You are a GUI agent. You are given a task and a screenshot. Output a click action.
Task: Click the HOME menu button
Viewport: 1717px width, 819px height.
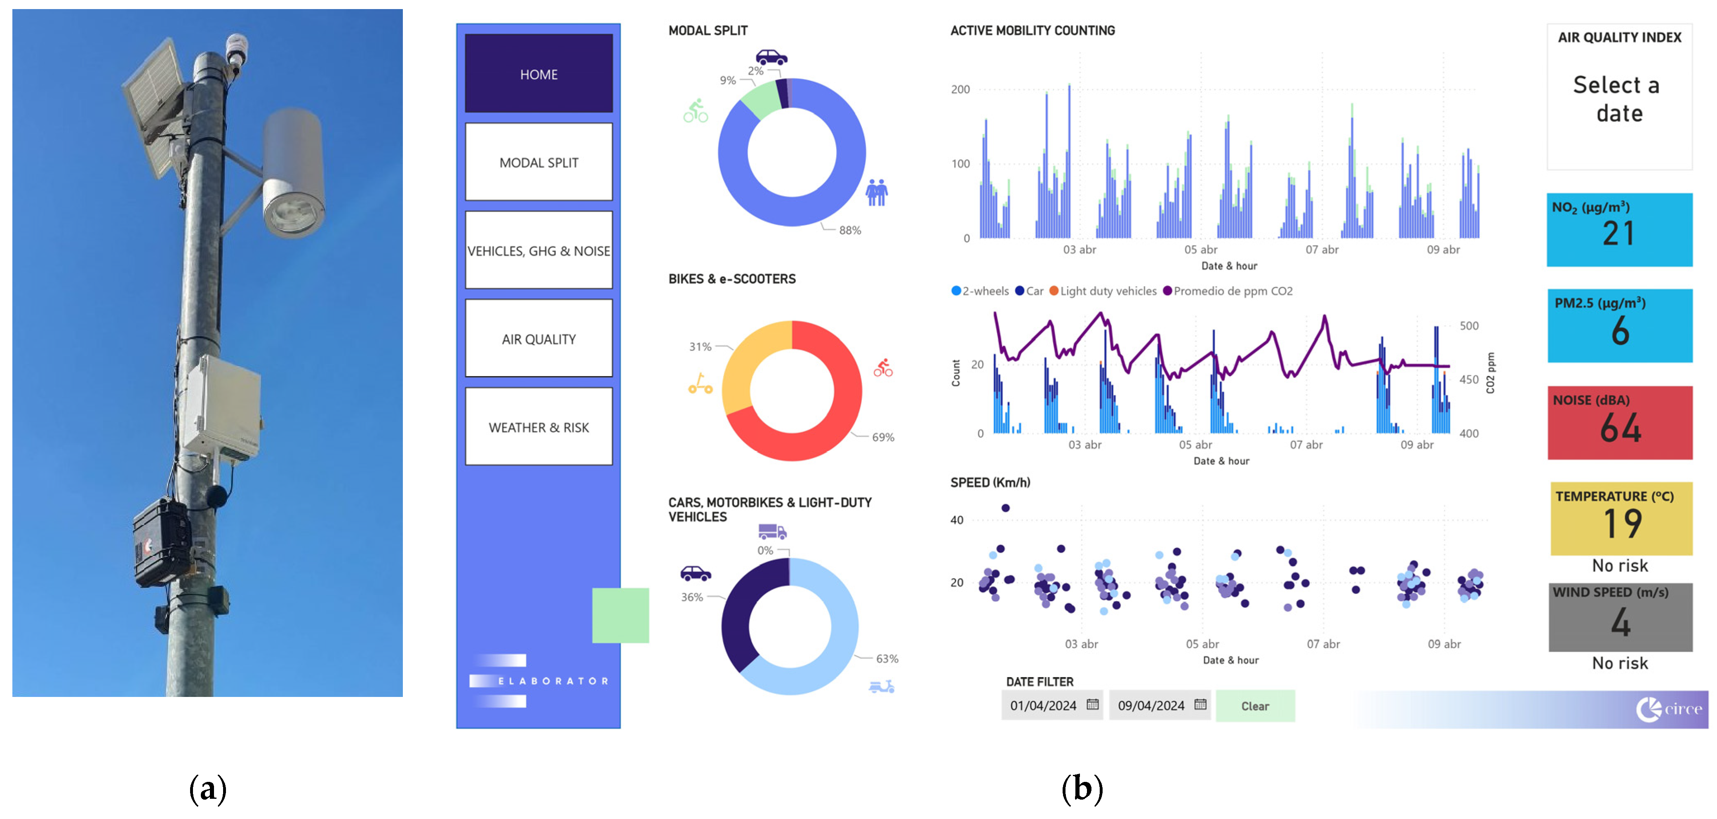539,74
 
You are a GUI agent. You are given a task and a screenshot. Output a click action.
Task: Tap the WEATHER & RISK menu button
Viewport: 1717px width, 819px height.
539,427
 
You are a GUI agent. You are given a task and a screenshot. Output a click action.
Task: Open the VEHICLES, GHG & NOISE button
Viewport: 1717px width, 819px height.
539,251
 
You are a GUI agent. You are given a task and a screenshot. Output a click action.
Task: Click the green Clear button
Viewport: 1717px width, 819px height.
1254,706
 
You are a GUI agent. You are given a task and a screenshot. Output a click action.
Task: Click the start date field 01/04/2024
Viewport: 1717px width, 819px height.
1043,706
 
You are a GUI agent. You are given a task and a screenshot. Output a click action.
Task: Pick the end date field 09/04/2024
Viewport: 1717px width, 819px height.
1151,706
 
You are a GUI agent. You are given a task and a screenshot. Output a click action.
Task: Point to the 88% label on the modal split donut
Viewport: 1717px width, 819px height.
850,231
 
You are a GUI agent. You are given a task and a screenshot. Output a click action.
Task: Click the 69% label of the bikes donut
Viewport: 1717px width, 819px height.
883,437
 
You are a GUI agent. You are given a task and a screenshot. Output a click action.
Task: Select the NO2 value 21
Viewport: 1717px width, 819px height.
1618,234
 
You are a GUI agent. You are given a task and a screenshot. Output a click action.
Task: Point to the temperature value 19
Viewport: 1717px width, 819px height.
1622,524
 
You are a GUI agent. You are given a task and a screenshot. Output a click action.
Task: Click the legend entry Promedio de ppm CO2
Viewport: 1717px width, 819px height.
1232,291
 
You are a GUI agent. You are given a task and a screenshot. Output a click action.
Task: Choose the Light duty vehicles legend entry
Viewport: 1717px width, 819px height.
1108,291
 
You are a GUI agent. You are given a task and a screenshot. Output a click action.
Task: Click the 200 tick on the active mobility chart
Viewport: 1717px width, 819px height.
960,89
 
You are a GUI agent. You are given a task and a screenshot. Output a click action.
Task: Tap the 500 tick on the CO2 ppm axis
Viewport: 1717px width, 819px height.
1469,326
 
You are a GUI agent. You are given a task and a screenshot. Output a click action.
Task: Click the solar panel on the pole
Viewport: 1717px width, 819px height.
154,103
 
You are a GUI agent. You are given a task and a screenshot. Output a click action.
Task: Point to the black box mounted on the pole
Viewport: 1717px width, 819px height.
162,541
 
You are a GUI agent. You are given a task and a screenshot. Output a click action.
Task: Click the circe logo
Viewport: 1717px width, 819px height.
1668,708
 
